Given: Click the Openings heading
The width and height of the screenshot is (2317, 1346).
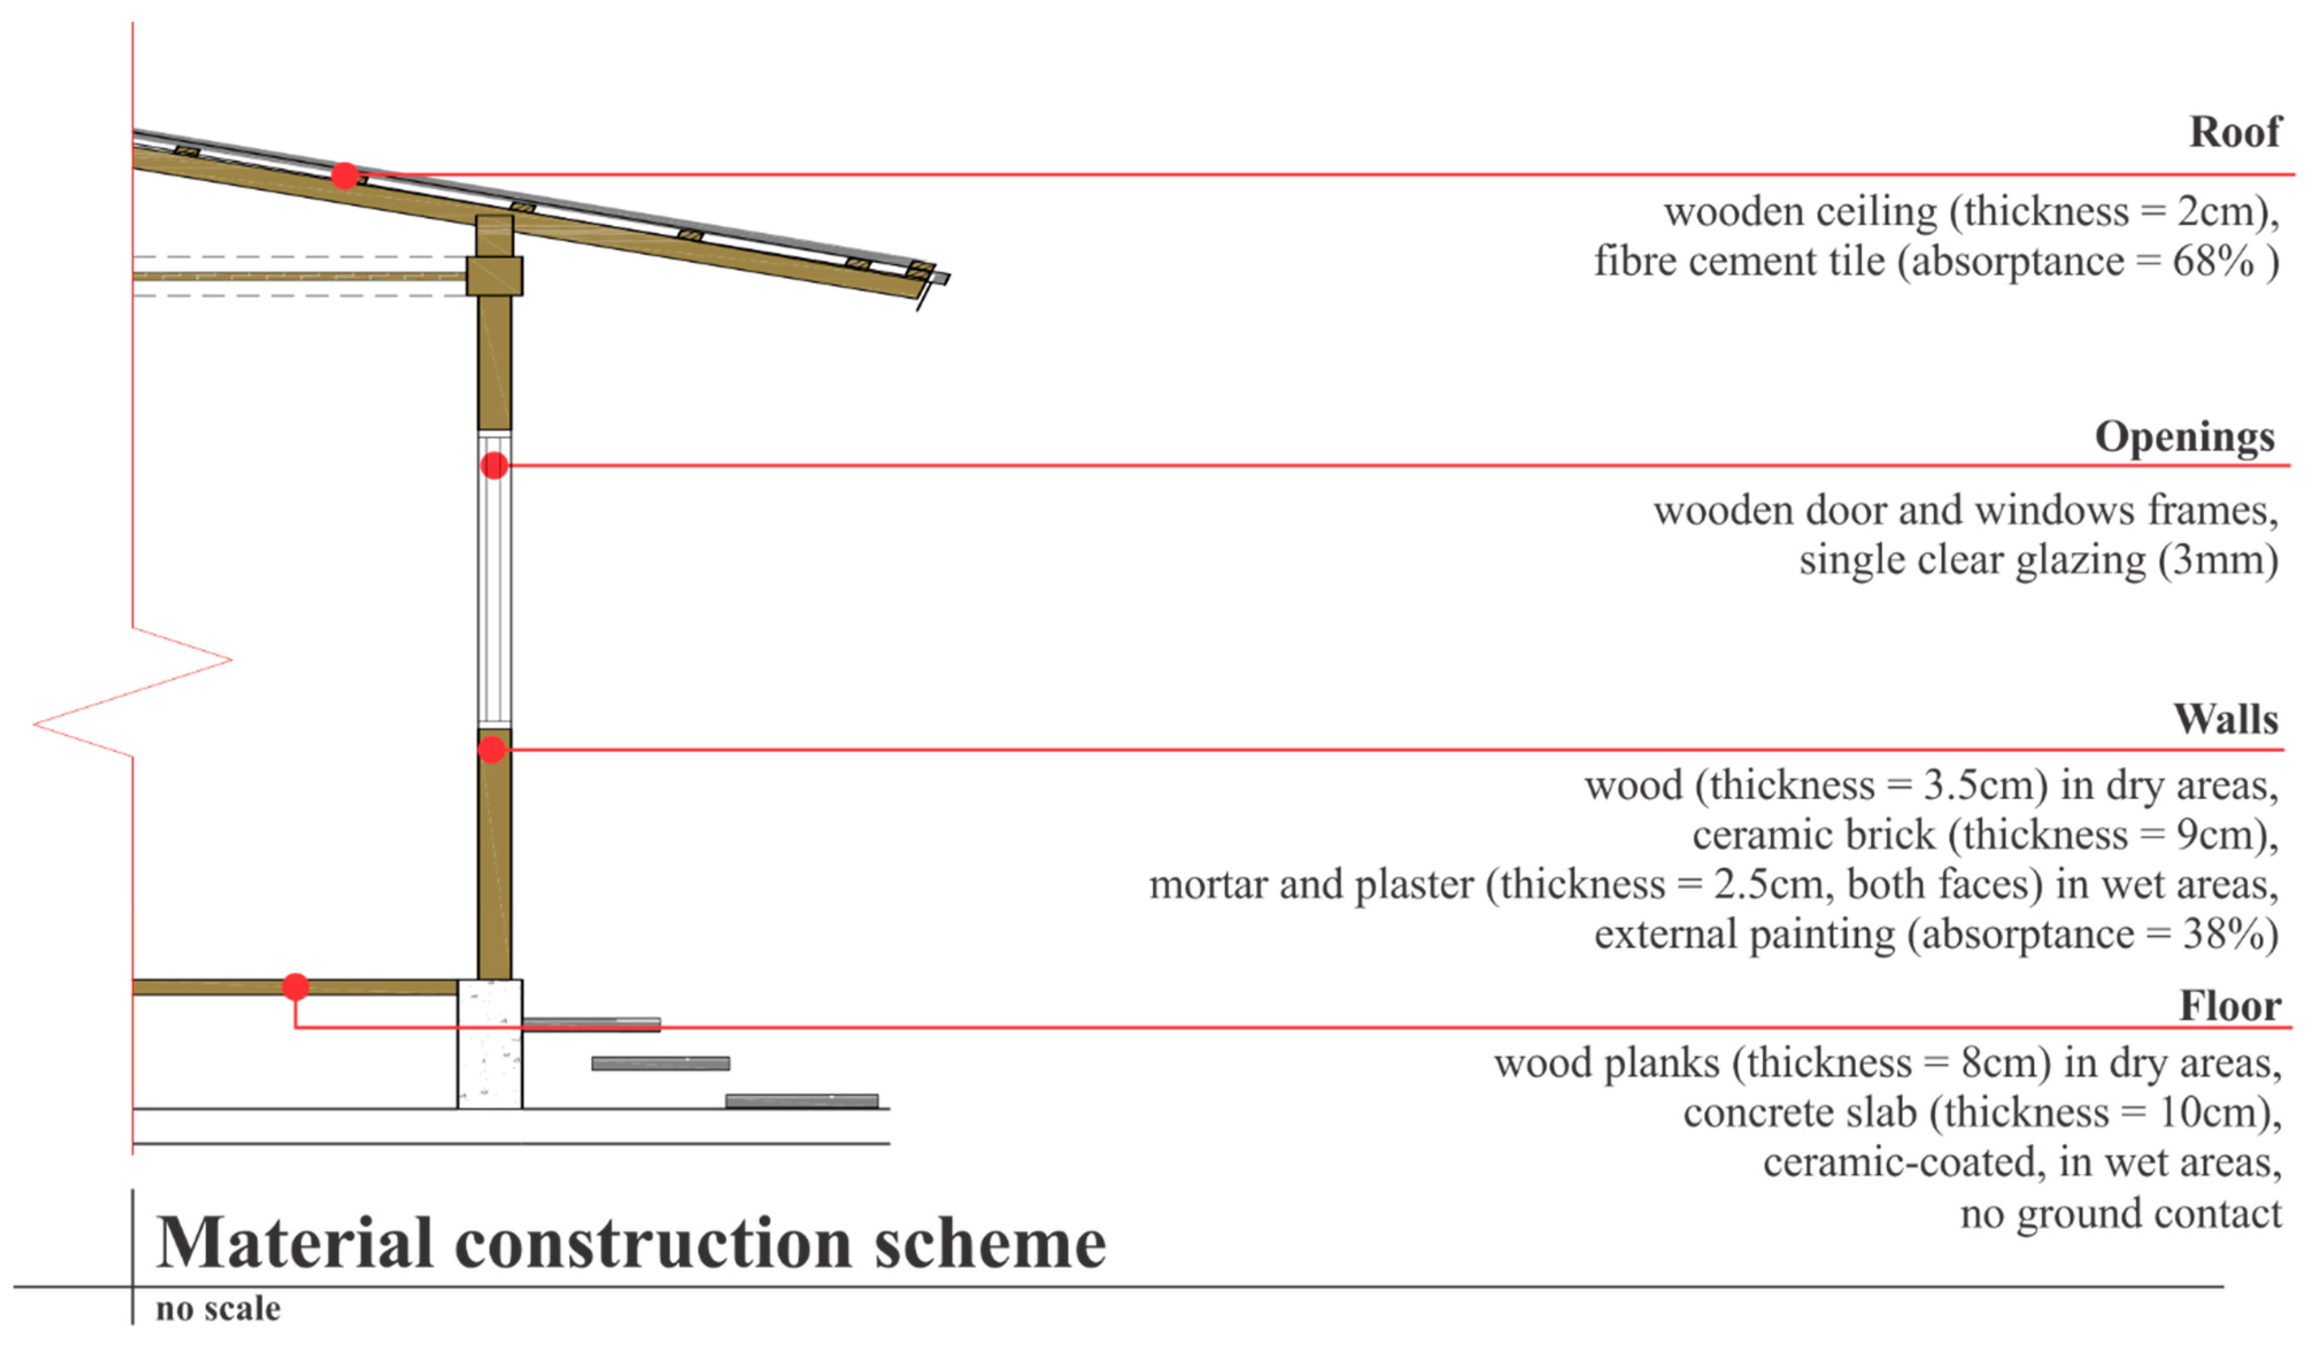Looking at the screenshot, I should [x=2184, y=437].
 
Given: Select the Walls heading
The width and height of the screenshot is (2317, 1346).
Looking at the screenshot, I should [x=2225, y=719].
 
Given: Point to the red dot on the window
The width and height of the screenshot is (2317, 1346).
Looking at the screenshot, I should [x=494, y=465].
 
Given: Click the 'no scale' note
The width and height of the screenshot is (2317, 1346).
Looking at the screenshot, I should [x=218, y=1308].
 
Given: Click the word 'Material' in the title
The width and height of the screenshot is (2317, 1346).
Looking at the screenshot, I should [x=294, y=1243].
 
